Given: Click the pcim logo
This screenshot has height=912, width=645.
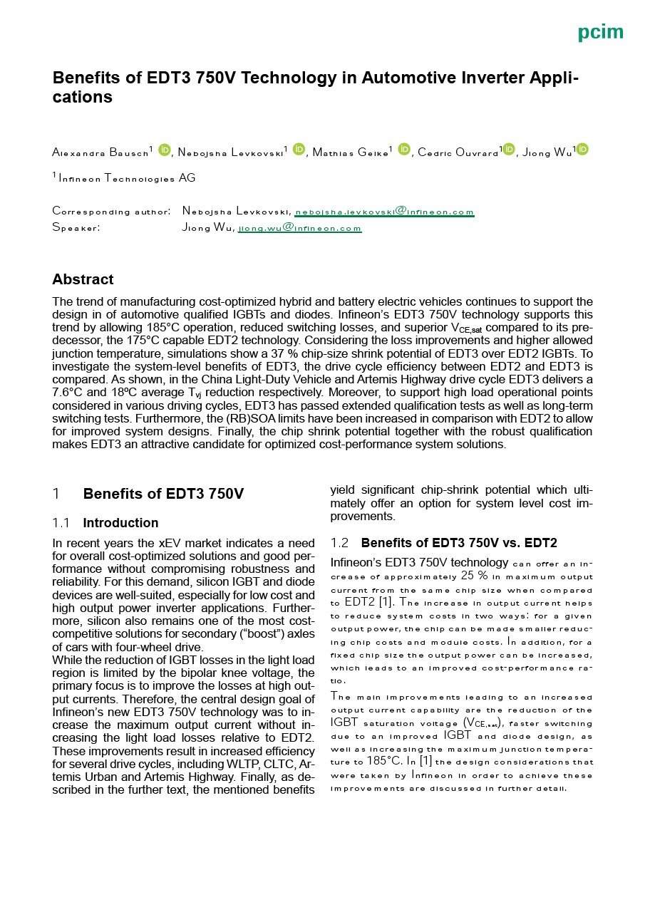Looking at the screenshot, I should click(600, 32).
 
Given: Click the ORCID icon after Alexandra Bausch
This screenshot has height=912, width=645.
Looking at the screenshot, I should click(165, 150).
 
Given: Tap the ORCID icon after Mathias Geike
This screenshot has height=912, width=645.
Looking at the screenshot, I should click(404, 150).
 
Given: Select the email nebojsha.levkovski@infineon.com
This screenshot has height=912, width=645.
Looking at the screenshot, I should click(384, 212).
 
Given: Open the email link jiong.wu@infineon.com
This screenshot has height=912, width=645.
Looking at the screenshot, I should click(299, 228).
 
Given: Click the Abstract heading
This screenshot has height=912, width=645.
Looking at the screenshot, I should click(83, 279).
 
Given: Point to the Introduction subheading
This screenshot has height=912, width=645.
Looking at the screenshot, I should click(120, 523).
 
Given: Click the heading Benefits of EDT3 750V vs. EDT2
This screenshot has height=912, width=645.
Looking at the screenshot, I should click(459, 543).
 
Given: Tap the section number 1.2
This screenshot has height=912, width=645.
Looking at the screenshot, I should click(340, 543).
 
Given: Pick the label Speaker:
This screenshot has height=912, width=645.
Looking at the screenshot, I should click(76, 228).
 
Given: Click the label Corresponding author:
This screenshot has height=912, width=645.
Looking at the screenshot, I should click(111, 212).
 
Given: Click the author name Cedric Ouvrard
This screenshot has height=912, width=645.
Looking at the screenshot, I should click(458, 152).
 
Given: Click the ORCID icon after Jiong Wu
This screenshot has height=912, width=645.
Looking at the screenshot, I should click(582, 150).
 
